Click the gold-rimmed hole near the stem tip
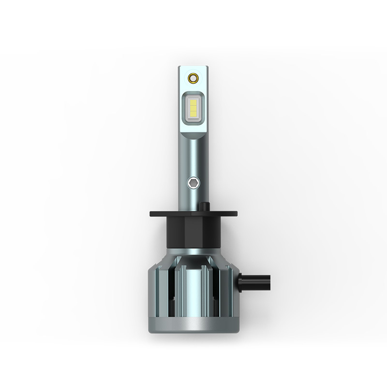(x=193, y=77)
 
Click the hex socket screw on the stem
(x=193, y=183)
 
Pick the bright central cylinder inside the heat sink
(x=193, y=285)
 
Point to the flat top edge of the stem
(x=193, y=67)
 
